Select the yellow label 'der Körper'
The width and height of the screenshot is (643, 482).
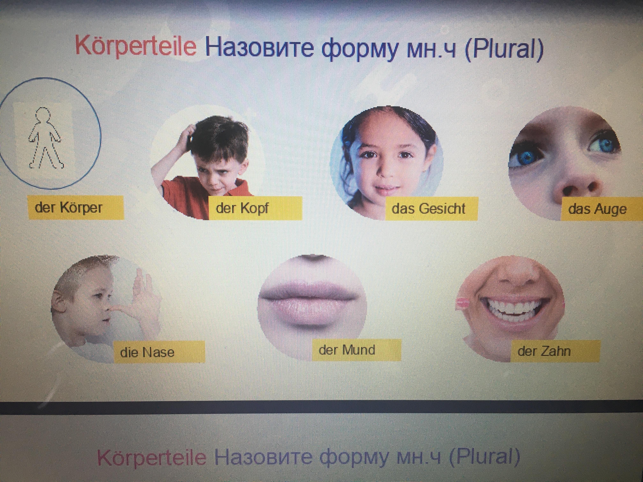(76, 207)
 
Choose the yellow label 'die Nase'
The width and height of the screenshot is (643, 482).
(159, 352)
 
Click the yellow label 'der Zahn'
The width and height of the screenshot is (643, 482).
(555, 351)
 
